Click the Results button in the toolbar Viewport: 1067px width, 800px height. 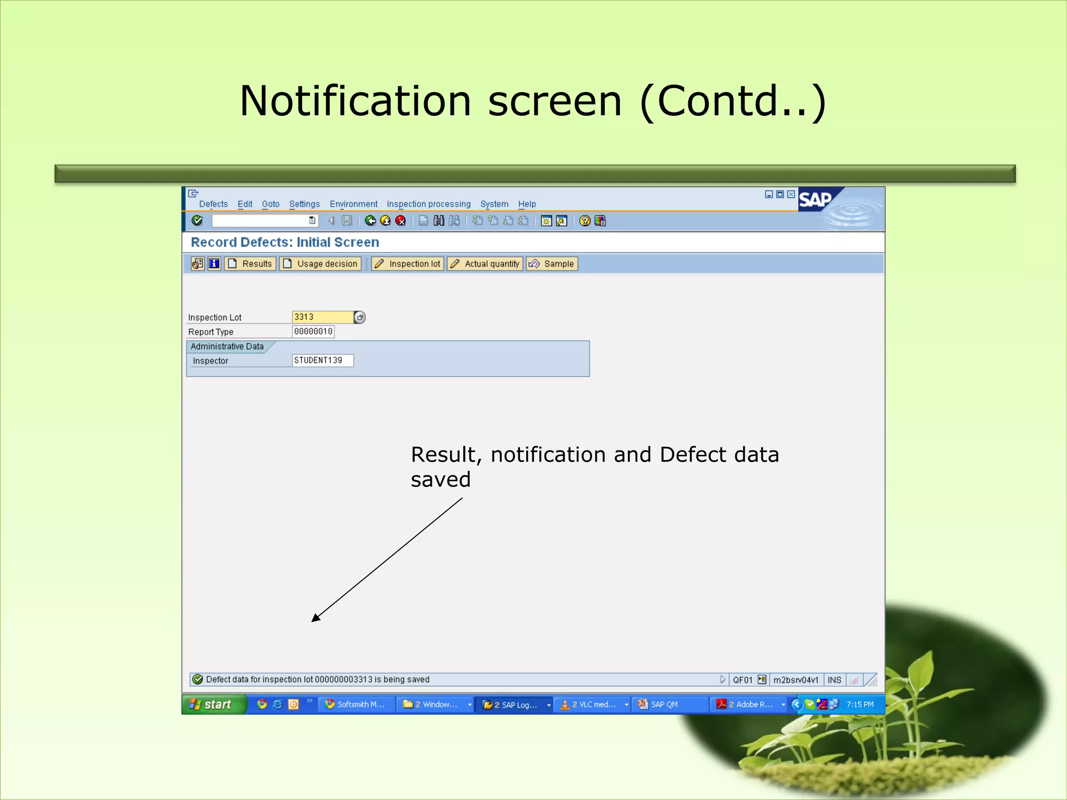click(250, 264)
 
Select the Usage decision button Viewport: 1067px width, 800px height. click(320, 264)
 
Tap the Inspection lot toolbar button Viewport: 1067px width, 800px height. click(408, 264)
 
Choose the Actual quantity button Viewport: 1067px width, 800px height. click(485, 264)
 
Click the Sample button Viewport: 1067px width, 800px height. click(552, 264)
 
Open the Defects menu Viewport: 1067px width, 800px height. click(213, 204)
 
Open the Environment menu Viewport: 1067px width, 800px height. click(353, 204)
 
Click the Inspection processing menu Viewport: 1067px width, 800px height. click(428, 204)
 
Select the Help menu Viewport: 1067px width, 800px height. click(527, 204)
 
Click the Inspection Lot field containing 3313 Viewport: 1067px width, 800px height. click(322, 317)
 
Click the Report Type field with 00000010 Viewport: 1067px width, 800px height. click(313, 332)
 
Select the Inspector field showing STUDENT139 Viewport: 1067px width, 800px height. click(322, 360)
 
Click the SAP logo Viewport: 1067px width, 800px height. click(815, 199)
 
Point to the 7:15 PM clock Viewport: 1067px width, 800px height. click(860, 705)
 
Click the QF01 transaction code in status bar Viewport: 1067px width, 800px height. click(742, 680)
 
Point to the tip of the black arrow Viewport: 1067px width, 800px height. click(313, 621)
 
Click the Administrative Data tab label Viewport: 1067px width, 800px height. click(227, 346)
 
